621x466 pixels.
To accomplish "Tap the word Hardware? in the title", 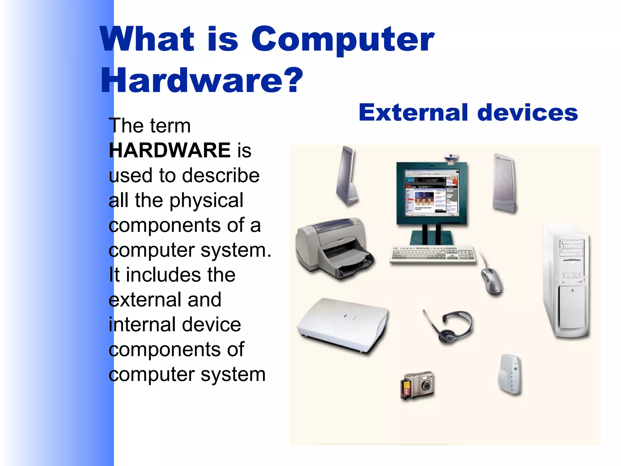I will pyautogui.click(x=202, y=81).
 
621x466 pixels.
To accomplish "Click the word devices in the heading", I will pyautogui.click(x=528, y=113).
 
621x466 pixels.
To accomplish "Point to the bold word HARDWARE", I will pyautogui.click(x=170, y=150).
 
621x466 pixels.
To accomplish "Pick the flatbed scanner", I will pyautogui.click(x=343, y=325).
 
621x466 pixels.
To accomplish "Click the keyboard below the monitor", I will pyautogui.click(x=432, y=254).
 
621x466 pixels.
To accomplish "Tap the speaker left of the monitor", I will pyautogui.click(x=347, y=176).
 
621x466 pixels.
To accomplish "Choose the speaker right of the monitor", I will pyautogui.click(x=504, y=184).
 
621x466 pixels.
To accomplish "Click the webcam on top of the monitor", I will pyautogui.click(x=451, y=158).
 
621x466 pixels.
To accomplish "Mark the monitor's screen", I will pyautogui.click(x=432, y=193).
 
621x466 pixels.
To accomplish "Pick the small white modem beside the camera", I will pyautogui.click(x=510, y=375).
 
